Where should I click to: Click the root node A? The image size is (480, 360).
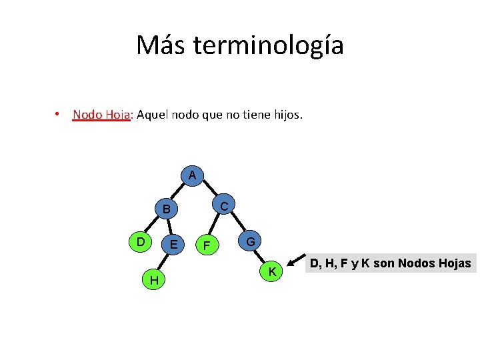coord(192,175)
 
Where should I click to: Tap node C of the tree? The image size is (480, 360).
coord(224,207)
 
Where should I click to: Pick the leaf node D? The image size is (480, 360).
coord(140,241)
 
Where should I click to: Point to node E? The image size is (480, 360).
coord(173,244)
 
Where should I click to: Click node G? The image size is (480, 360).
coord(249,241)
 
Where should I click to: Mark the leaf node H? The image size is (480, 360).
coord(154,281)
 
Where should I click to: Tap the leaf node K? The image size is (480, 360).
coord(272,271)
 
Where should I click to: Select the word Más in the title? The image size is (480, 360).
coord(162,45)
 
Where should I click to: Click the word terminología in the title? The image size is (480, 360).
coord(268,46)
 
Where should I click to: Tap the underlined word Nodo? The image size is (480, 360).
coord(87,115)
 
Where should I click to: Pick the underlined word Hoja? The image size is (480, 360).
coord(117,115)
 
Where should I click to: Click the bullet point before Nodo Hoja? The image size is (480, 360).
coord(59,115)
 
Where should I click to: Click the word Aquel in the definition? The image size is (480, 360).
coord(152,115)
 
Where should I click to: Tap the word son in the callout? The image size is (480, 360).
coord(383,263)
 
